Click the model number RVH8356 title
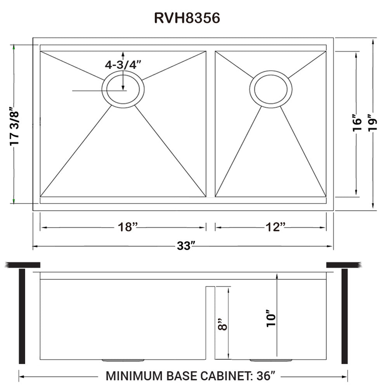pyautogui.click(x=187, y=19)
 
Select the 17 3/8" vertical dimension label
pyautogui.click(x=14, y=126)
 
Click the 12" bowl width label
pyautogui.click(x=276, y=227)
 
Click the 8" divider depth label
pyautogui.click(x=222, y=324)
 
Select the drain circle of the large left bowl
pyautogui.click(x=123, y=89)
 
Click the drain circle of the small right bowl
pyautogui.click(x=271, y=89)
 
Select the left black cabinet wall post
pyautogui.click(x=22, y=316)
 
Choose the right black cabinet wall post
pyautogui.click(x=344, y=316)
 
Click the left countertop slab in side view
pyautogui.click(x=23, y=265)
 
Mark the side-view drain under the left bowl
pyautogui.click(x=123, y=360)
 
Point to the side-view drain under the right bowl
pyautogui.click(x=271, y=360)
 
